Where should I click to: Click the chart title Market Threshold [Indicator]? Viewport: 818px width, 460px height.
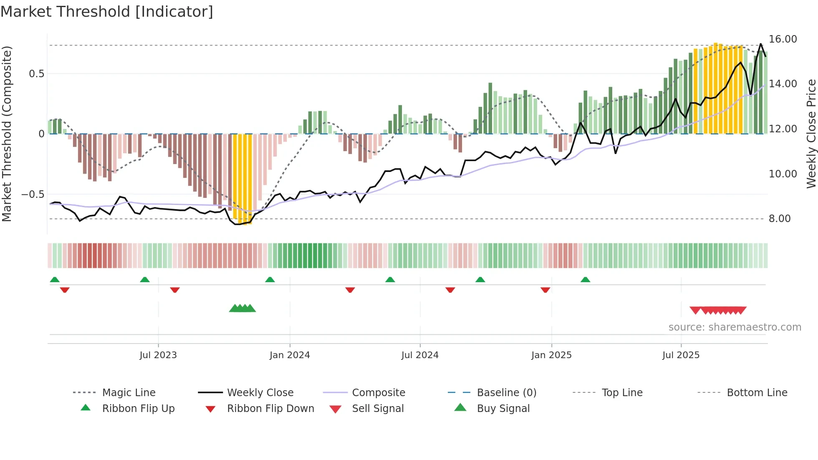(x=107, y=12)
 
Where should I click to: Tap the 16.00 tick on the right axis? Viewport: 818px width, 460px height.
(x=783, y=39)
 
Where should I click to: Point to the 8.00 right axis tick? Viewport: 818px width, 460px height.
(x=779, y=219)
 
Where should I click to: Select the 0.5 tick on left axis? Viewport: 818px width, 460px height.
(x=36, y=74)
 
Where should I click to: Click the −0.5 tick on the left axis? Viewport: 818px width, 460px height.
(x=33, y=195)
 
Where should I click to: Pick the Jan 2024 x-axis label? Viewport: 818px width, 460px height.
(x=290, y=355)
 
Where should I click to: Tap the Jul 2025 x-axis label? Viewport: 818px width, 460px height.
(x=681, y=355)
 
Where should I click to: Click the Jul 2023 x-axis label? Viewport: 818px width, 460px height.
(x=158, y=355)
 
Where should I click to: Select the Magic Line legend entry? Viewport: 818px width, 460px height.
(x=129, y=393)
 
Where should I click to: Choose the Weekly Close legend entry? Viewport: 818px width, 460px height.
(x=260, y=393)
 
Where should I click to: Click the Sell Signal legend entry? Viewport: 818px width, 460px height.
(x=378, y=409)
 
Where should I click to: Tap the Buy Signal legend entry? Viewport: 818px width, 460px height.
(x=503, y=409)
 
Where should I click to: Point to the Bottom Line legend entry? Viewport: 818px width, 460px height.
(x=757, y=393)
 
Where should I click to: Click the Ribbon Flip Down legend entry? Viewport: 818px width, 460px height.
(x=270, y=409)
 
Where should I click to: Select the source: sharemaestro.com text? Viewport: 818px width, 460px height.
(x=735, y=327)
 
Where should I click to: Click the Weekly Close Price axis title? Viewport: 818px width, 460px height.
(x=811, y=134)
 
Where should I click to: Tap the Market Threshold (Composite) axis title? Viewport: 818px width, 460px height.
(x=7, y=134)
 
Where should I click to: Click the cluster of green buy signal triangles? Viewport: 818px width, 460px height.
(x=242, y=308)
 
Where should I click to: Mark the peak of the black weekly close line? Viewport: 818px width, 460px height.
(x=760, y=44)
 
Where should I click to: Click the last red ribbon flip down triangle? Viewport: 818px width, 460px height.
(x=545, y=290)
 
